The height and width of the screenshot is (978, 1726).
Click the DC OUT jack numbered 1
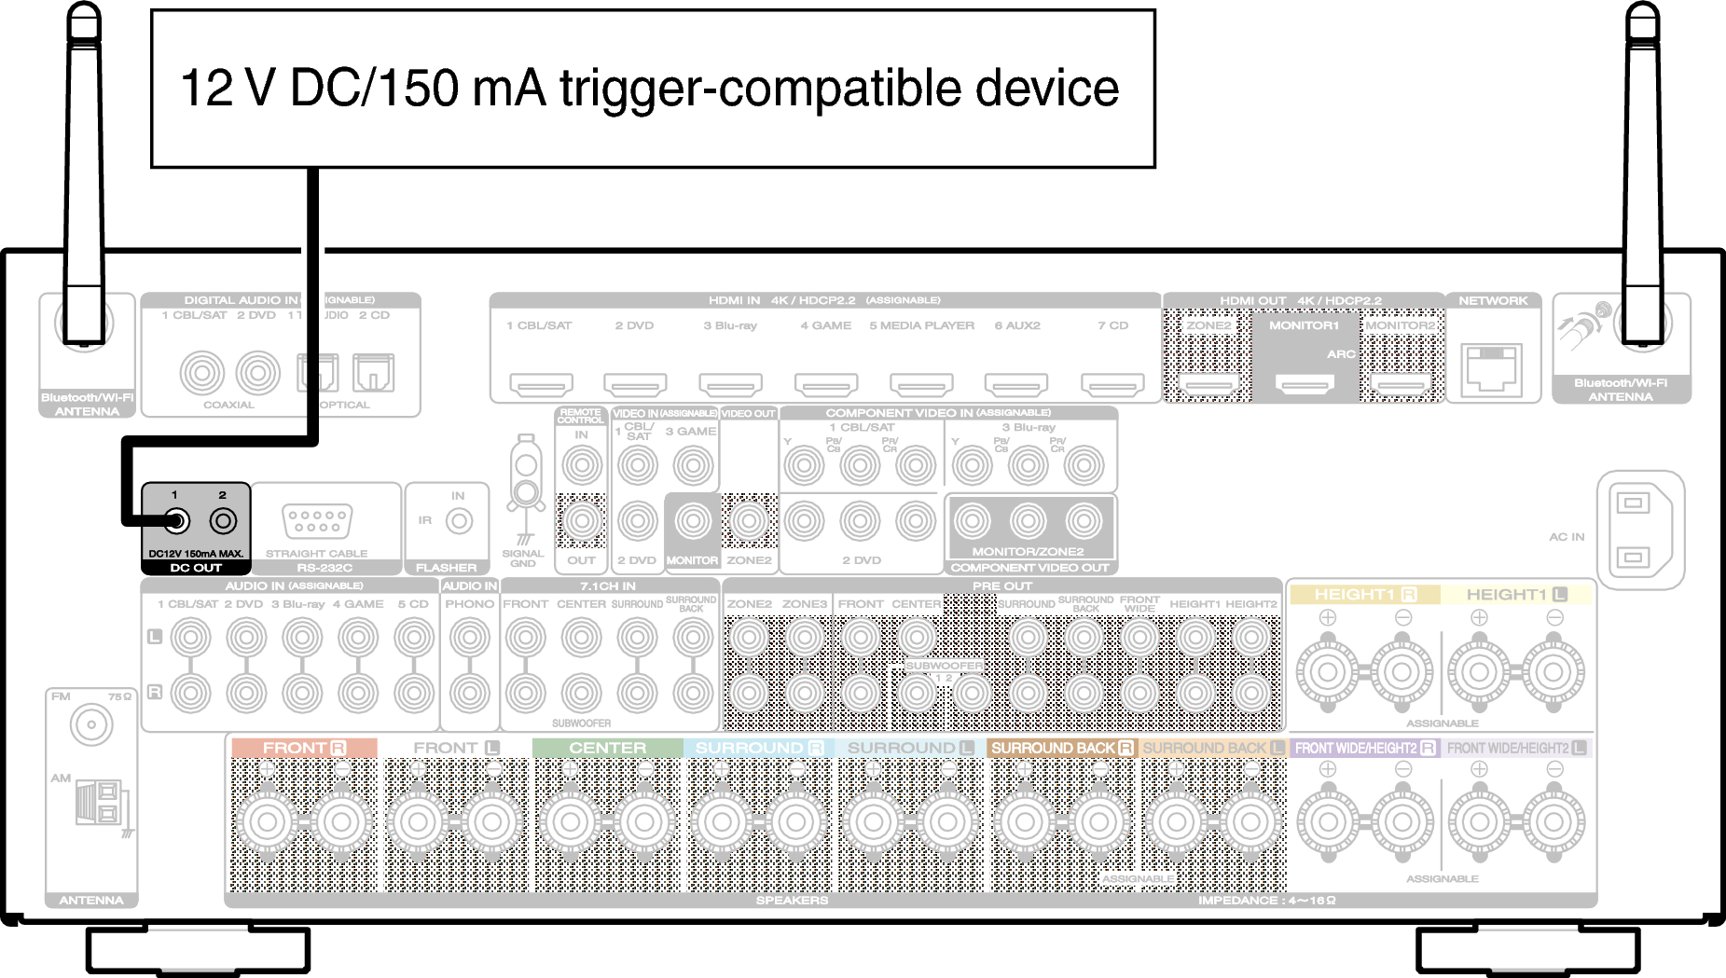click(175, 521)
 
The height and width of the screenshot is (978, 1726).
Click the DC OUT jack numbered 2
click(223, 521)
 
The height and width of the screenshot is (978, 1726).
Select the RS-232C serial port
click(317, 520)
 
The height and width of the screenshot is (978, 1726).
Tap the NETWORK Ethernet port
click(1492, 368)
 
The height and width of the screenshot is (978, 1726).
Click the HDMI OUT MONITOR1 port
click(1305, 383)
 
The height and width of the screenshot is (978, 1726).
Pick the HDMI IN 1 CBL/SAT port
click(541, 383)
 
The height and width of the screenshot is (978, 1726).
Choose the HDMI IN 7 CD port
click(1112, 383)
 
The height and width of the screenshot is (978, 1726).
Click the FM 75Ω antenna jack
click(91, 724)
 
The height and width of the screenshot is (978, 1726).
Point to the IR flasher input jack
click(459, 521)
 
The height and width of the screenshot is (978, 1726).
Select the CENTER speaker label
click(607, 748)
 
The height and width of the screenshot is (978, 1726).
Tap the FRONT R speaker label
click(303, 748)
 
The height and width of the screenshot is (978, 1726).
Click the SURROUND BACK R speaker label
click(1061, 748)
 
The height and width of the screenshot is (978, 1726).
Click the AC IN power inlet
click(1634, 530)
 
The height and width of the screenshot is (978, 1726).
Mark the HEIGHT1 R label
click(1364, 594)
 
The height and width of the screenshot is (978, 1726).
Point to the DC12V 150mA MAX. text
click(196, 554)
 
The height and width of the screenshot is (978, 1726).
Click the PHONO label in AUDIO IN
click(469, 604)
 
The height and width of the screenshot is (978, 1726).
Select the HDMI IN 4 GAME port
click(826, 383)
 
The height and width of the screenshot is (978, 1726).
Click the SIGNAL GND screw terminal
click(526, 489)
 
